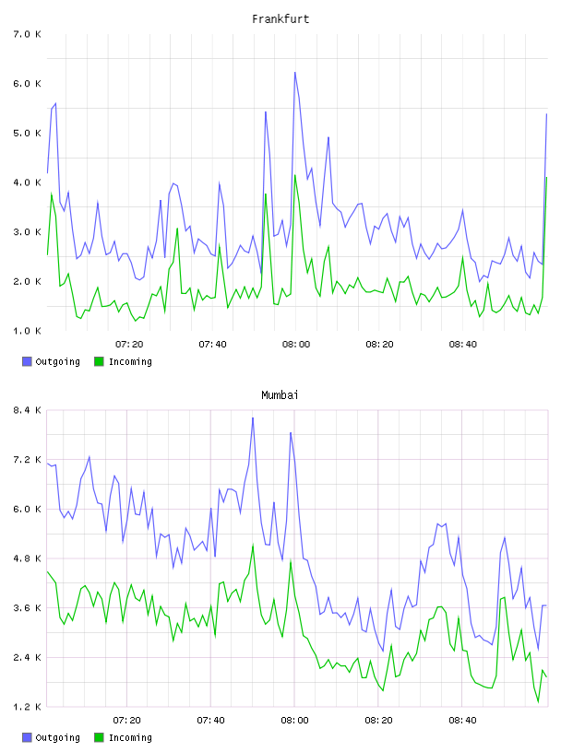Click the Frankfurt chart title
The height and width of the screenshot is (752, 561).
point(280,19)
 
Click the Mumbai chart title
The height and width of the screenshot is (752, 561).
point(280,395)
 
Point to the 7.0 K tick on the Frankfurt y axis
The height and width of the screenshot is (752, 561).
point(27,34)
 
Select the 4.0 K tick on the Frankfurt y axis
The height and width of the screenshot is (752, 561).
point(27,182)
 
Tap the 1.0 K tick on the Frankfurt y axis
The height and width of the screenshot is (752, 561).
point(27,331)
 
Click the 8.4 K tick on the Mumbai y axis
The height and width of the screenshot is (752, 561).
point(27,410)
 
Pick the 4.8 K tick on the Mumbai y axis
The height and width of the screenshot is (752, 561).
point(27,558)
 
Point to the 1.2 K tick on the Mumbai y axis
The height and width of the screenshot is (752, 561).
point(27,707)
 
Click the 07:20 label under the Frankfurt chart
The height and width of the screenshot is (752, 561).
point(129,344)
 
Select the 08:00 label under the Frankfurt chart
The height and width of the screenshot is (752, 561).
point(296,344)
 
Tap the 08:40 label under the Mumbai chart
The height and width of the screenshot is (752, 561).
point(462,720)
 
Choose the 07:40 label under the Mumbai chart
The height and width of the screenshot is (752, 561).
point(210,720)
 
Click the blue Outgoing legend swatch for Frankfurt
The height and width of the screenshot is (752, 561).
point(27,361)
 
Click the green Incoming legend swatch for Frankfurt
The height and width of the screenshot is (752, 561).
point(99,361)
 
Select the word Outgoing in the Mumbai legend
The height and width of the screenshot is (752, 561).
point(57,737)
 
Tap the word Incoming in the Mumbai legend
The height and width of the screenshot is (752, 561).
point(130,737)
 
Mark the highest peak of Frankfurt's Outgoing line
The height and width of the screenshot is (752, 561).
point(295,73)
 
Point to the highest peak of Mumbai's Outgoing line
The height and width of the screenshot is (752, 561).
point(253,417)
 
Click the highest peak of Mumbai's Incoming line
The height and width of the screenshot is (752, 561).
point(253,546)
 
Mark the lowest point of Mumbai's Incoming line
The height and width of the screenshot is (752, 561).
point(538,702)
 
